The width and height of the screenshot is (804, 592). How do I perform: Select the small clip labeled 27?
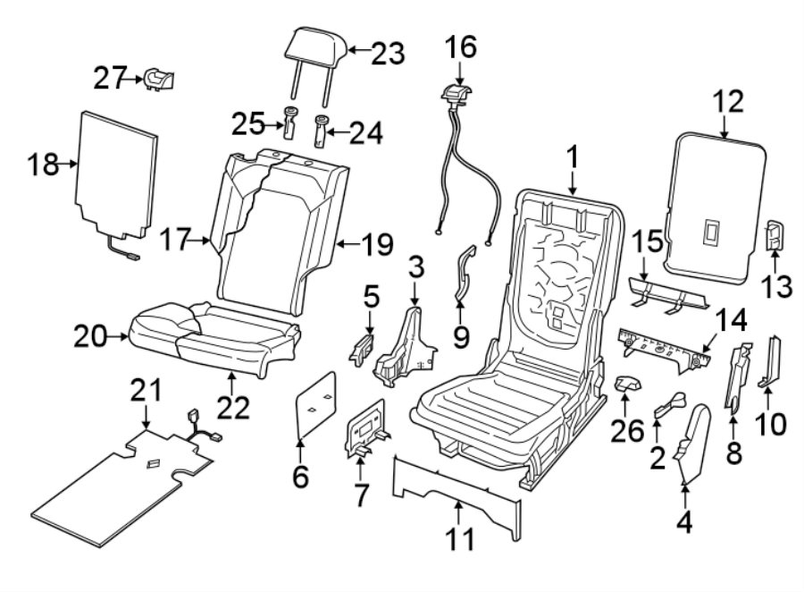click(x=159, y=80)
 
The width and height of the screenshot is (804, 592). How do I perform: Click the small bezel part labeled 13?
click(x=775, y=237)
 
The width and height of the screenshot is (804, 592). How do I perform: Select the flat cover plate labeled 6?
click(x=314, y=408)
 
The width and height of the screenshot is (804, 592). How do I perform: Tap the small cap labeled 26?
click(x=628, y=385)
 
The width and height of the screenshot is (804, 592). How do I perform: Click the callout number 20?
click(x=92, y=337)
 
